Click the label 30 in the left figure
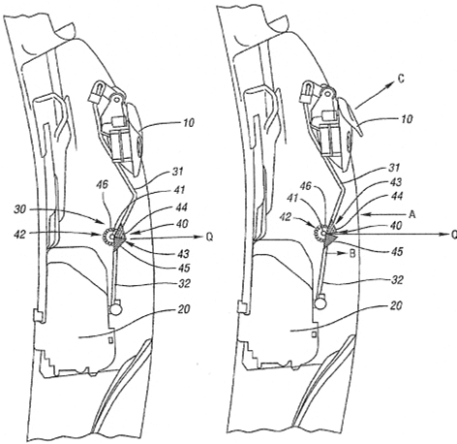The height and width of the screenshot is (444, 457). click(x=19, y=209)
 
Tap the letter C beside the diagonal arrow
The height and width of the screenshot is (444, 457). click(x=401, y=79)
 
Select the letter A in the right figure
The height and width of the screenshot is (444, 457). click(x=411, y=214)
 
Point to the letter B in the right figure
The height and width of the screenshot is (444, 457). click(x=352, y=254)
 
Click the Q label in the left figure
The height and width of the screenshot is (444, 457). click(x=209, y=238)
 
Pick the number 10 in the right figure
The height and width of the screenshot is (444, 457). click(x=407, y=119)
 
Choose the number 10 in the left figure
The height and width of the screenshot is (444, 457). click(x=189, y=123)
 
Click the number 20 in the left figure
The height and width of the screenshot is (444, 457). click(x=184, y=309)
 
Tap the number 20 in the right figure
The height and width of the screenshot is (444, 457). click(x=397, y=305)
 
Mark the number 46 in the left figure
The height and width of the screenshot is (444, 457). click(x=102, y=185)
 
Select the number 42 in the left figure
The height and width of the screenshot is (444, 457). click(x=19, y=234)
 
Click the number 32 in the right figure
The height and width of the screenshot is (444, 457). click(x=397, y=280)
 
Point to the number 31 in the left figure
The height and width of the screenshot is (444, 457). click(x=178, y=172)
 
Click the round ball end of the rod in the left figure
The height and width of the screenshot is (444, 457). click(x=116, y=309)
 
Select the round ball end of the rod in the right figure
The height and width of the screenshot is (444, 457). click(x=320, y=302)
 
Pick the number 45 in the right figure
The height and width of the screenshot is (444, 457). click(x=397, y=252)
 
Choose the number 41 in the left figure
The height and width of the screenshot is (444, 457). click(x=179, y=189)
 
